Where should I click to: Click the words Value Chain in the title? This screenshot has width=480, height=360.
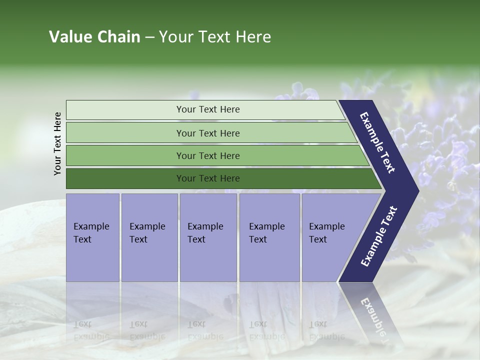pyautogui.click(x=94, y=37)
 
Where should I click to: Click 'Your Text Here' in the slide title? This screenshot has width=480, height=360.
pyautogui.click(x=215, y=37)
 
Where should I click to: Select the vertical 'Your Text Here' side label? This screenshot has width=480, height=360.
pyautogui.click(x=58, y=143)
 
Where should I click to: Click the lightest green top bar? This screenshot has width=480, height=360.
pyautogui.click(x=125, y=110)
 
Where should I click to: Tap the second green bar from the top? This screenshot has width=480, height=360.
pyautogui.click(x=125, y=133)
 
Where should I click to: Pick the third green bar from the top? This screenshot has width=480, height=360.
pyautogui.click(x=125, y=155)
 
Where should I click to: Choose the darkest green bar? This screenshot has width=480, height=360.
pyautogui.click(x=125, y=178)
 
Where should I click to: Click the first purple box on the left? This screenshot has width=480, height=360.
pyautogui.click(x=92, y=237)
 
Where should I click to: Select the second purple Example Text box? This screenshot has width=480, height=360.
pyautogui.click(x=149, y=237)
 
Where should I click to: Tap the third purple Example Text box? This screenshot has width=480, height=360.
pyautogui.click(x=208, y=237)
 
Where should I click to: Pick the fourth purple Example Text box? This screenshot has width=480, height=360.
pyautogui.click(x=269, y=237)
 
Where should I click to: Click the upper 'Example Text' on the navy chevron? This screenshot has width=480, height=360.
pyautogui.click(x=377, y=142)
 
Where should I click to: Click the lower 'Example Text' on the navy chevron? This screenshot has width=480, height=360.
pyautogui.click(x=379, y=236)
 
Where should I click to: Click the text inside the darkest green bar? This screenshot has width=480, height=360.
pyautogui.click(x=208, y=178)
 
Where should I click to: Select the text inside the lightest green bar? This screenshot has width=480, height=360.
pyautogui.click(x=208, y=109)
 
